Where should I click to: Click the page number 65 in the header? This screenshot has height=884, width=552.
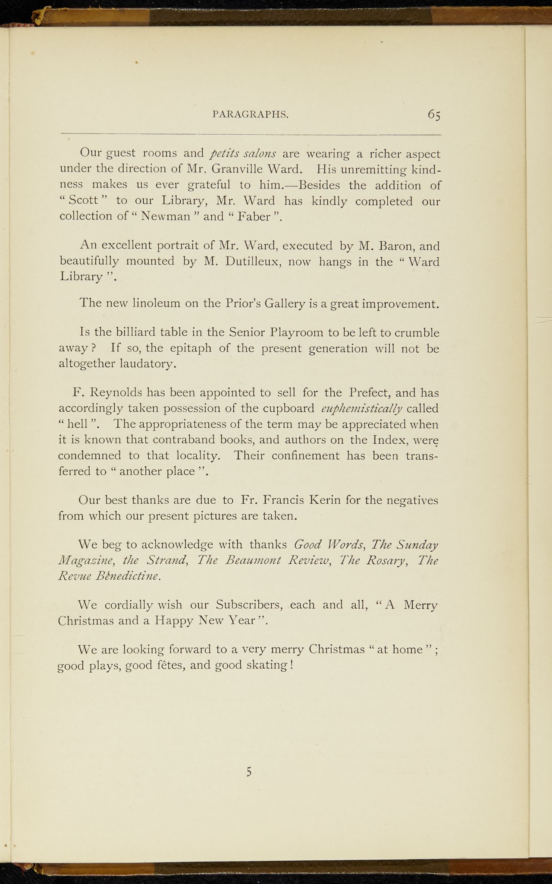coord(434,114)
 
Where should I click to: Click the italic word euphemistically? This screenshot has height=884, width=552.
coord(362,409)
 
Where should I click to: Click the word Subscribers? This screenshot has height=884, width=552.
coord(249,605)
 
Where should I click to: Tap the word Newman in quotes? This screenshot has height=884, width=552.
coord(166,217)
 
